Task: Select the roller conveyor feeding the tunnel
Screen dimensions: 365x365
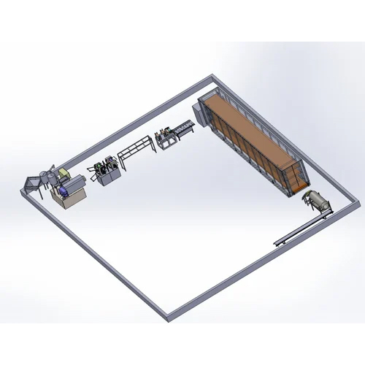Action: point(182,130)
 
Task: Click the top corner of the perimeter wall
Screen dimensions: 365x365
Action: point(212,76)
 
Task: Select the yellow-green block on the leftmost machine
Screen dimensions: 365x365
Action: point(66,174)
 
